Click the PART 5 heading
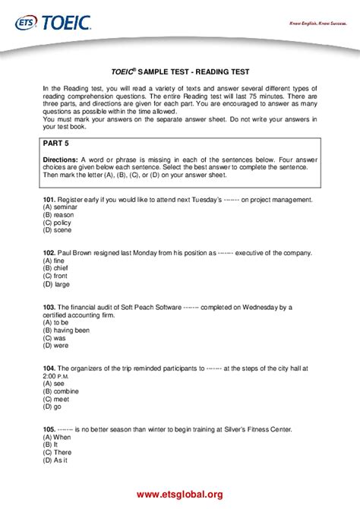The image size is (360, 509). [56, 143]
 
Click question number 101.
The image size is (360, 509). [49, 199]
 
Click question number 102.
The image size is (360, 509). [49, 252]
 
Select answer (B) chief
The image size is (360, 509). [55, 267]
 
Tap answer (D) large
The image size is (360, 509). [56, 283]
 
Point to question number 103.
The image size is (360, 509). [49, 307]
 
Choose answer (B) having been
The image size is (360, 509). [66, 330]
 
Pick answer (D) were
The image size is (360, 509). [56, 345]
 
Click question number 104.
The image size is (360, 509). [49, 368]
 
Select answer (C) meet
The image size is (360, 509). [56, 399]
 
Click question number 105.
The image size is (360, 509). [49, 429]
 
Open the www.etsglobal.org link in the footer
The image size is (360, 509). [180, 495]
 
